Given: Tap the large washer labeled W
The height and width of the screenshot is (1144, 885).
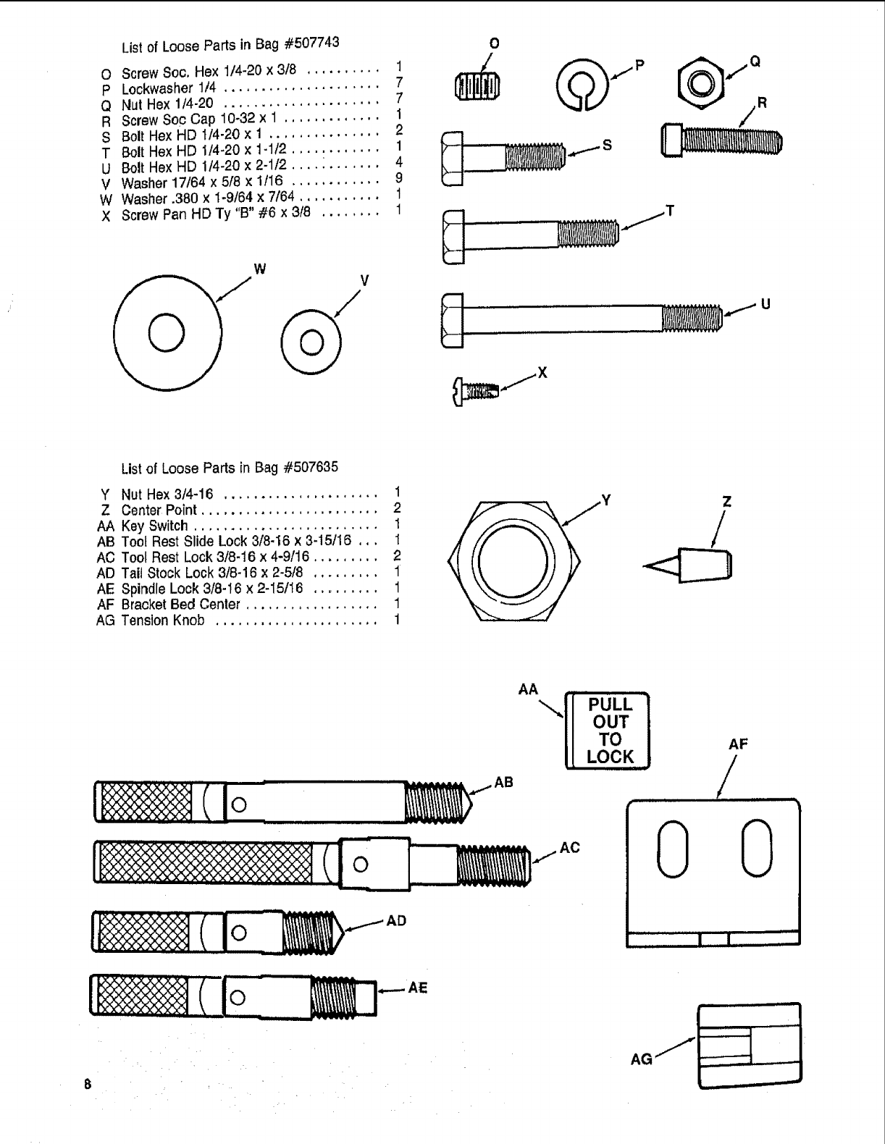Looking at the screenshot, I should tap(167, 334).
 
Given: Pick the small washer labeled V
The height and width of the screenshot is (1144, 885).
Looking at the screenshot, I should tap(311, 341).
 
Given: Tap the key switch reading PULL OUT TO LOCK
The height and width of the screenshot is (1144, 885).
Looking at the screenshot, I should tap(608, 731).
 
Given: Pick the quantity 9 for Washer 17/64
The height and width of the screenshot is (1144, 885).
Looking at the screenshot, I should tap(398, 178).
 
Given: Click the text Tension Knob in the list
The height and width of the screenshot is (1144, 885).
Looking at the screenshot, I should tap(163, 621).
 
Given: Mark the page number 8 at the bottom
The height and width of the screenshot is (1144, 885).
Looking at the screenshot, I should tap(87, 1085).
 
